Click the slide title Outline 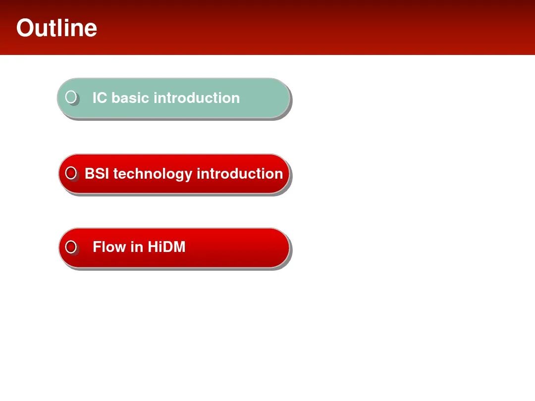click(x=56, y=28)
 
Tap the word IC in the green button click(x=100, y=98)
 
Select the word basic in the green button click(x=130, y=98)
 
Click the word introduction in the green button click(x=197, y=98)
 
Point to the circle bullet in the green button click(x=71, y=97)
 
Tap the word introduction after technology click(x=240, y=174)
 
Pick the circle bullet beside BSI click(x=71, y=173)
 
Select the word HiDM click(x=166, y=247)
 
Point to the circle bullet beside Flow click(x=71, y=247)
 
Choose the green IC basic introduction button click(x=174, y=98)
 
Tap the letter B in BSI click(x=89, y=174)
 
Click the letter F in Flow click(x=97, y=247)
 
